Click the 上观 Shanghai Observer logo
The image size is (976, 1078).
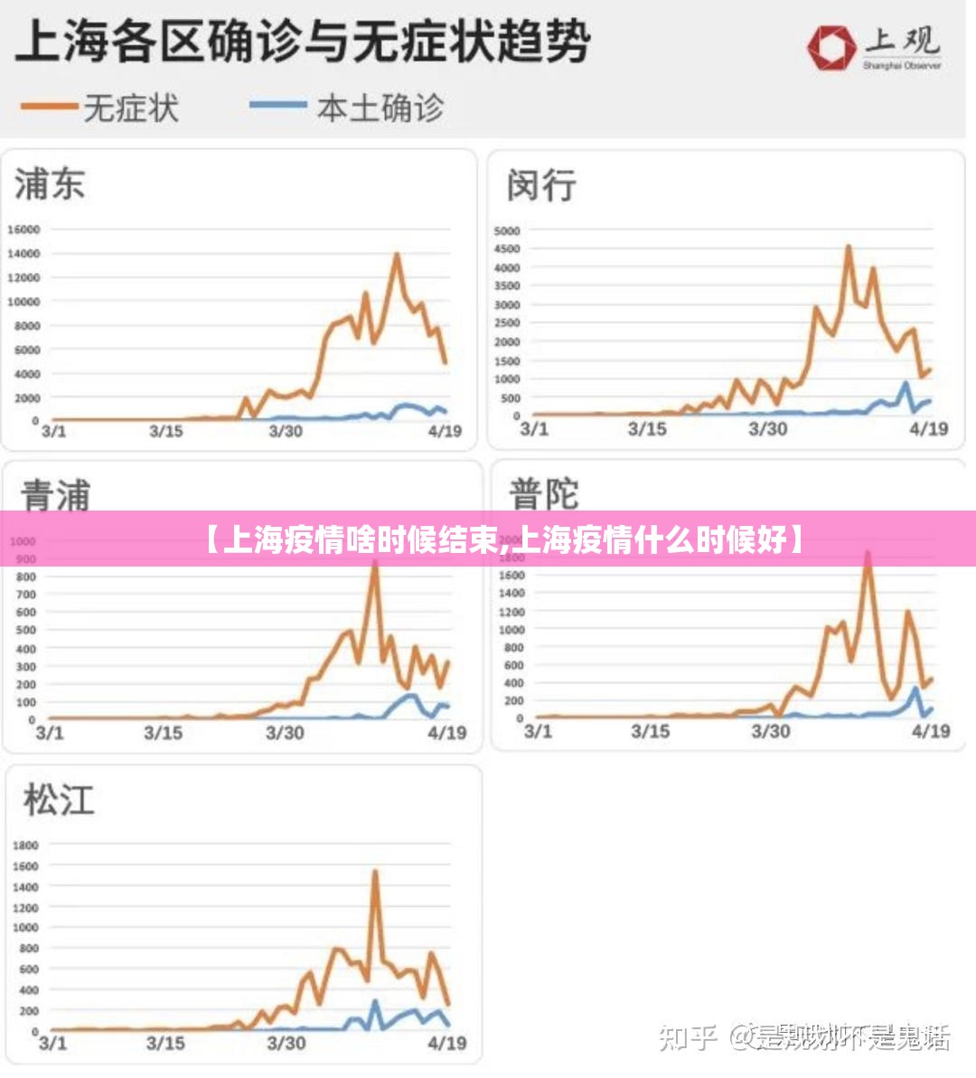874,47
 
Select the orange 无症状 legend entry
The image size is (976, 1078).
99,108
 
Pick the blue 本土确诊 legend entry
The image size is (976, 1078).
347,108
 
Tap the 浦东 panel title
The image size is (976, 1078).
50,183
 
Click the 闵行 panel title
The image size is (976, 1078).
541,184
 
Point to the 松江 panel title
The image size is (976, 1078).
59,800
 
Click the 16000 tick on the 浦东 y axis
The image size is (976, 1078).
24,230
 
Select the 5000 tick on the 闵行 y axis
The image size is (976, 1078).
507,230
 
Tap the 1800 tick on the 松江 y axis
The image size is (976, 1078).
25,845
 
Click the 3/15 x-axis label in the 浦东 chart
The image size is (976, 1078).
165,431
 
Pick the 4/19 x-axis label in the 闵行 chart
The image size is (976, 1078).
928,429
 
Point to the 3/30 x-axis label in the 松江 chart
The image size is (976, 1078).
286,1043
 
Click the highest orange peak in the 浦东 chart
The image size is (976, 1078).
397,255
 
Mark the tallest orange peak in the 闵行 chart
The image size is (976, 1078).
849,247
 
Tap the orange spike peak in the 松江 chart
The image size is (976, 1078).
375,872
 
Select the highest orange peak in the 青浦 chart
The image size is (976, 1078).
375,562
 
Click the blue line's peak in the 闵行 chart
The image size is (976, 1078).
906,383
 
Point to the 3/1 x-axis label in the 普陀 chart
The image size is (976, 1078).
538,730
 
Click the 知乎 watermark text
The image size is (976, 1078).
688,1036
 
